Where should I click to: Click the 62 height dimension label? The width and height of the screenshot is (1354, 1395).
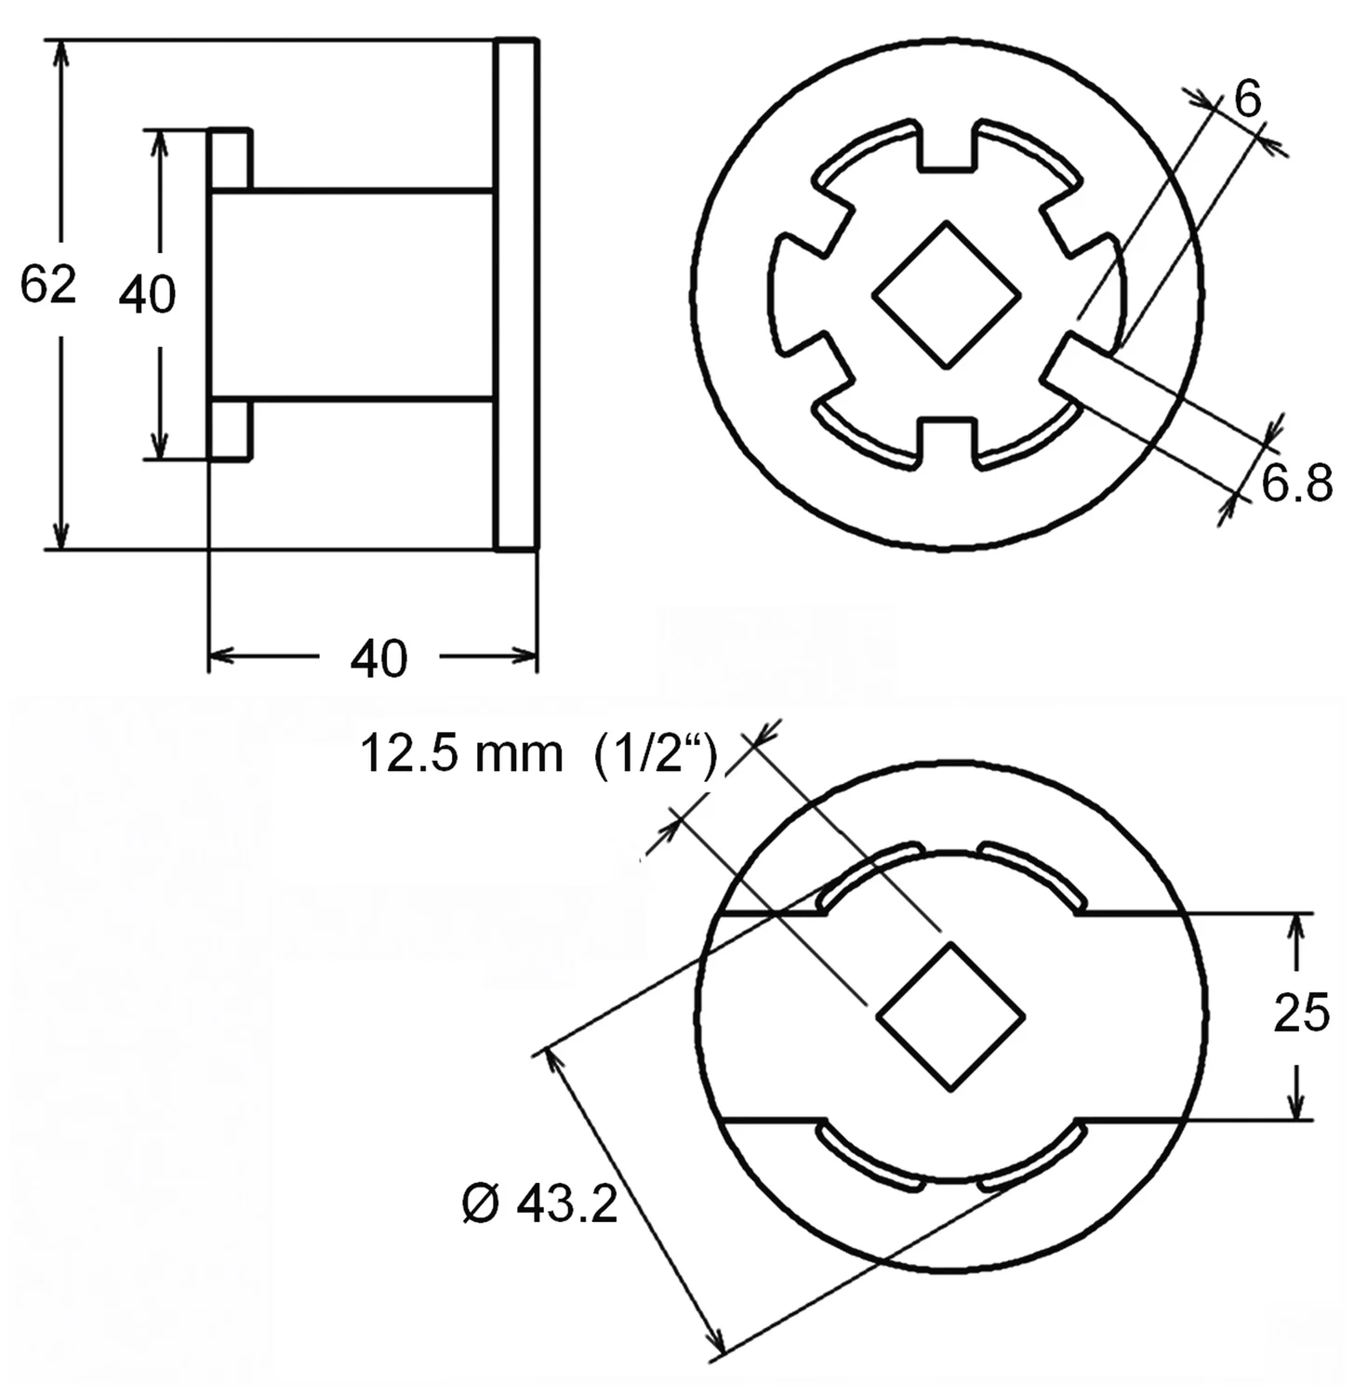point(47,285)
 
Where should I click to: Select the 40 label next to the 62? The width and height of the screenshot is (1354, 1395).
point(147,295)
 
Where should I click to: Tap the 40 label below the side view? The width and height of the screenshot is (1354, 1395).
point(378,658)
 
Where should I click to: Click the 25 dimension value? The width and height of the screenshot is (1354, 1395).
point(1302,1013)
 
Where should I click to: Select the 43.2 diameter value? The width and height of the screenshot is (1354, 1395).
point(566,1205)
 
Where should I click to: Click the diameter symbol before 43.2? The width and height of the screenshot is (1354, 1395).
point(482,1205)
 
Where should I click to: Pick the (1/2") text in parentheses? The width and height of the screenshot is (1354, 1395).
point(656,753)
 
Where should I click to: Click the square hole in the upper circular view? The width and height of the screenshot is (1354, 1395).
point(947,295)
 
